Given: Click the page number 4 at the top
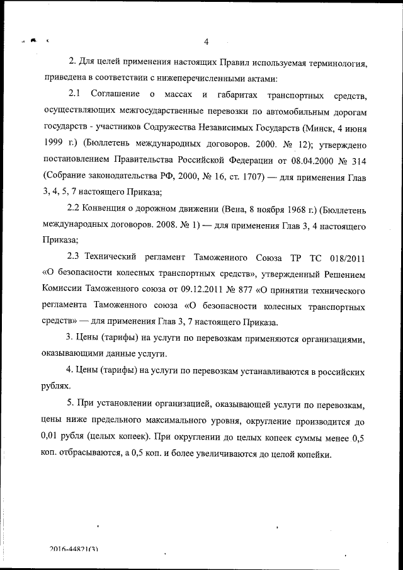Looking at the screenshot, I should [206, 42].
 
